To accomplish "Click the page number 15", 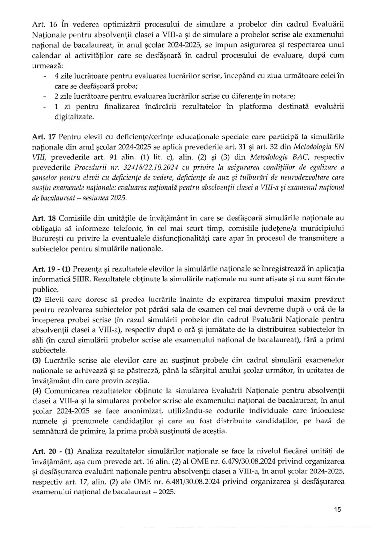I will click(337, 509).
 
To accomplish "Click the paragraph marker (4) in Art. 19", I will click(37, 391).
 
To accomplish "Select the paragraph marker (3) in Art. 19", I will click(37, 360).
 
